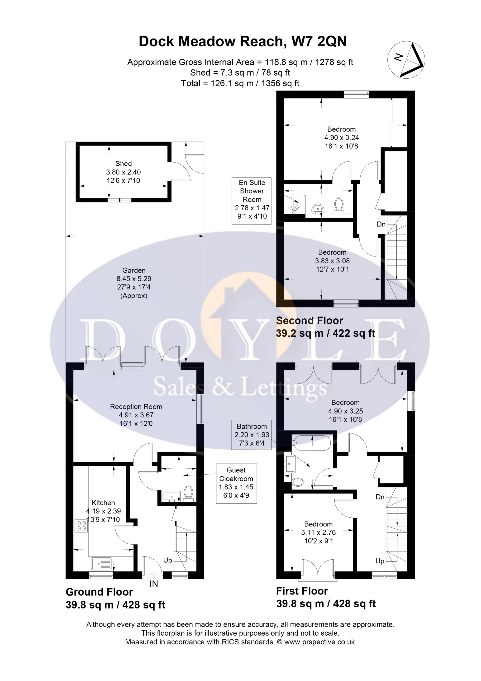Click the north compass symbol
[406, 60]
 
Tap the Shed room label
[123, 164]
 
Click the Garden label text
[134, 270]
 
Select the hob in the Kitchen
[81, 526]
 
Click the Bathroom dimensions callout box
[252, 435]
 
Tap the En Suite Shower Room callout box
[252, 199]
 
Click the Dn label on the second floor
[381, 224]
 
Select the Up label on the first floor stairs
[380, 561]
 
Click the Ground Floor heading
[99, 592]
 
